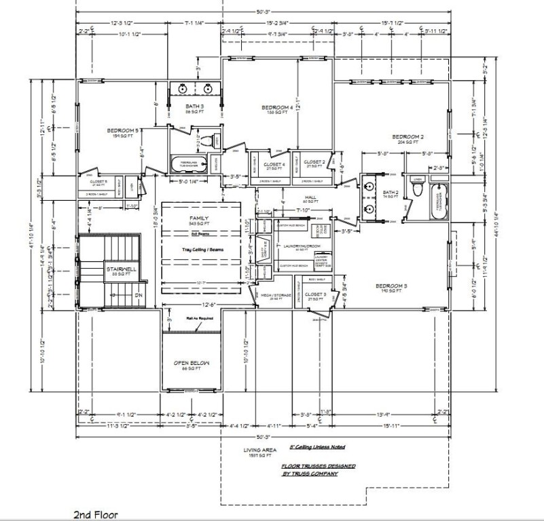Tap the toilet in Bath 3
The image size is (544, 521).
[214, 141]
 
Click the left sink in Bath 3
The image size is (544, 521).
[183, 89]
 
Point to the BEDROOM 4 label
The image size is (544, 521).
[277, 108]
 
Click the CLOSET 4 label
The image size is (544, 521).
[274, 164]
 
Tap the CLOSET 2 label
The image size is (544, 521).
[314, 162]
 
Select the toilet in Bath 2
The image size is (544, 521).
[418, 188]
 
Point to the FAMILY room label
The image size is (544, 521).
[198, 219]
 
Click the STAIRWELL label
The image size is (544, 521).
[121, 269]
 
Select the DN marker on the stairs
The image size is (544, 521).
[137, 296]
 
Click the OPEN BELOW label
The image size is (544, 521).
[191, 364]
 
